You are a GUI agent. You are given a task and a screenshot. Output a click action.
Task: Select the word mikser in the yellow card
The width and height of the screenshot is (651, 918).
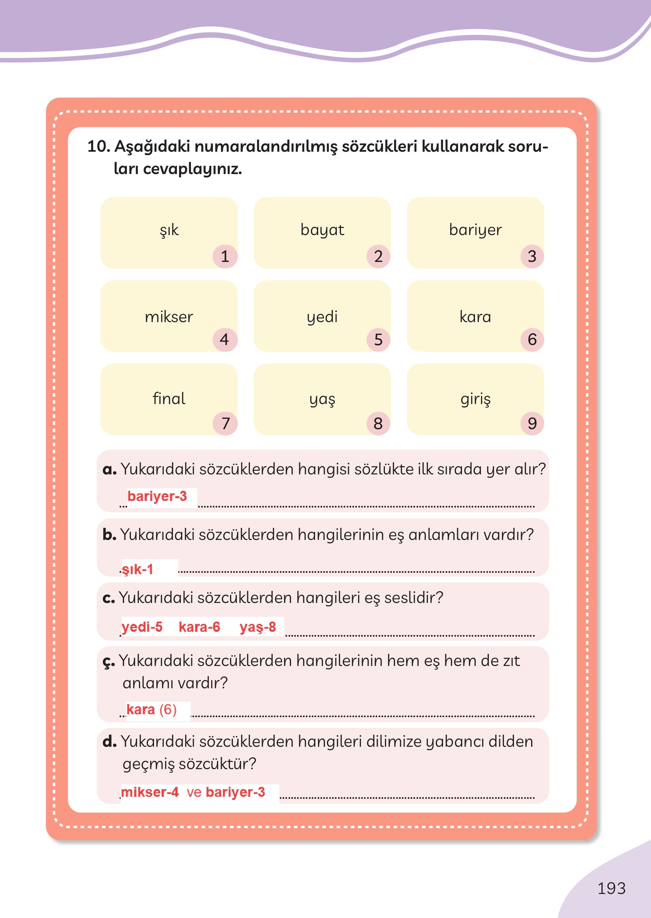(169, 317)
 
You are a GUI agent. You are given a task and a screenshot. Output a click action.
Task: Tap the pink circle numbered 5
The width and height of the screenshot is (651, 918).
(378, 340)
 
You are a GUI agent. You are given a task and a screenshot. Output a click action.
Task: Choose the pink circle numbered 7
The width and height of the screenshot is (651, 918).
(225, 423)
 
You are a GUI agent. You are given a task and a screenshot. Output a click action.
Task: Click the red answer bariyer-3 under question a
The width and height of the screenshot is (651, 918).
(157, 496)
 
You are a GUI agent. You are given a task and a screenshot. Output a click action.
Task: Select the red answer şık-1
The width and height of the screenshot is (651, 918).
(138, 569)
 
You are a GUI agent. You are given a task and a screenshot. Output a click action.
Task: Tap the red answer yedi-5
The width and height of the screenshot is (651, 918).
(142, 627)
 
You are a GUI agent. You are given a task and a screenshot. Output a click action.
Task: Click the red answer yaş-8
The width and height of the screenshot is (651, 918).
(258, 627)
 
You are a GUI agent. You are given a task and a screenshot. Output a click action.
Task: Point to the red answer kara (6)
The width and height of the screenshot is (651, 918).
(151, 709)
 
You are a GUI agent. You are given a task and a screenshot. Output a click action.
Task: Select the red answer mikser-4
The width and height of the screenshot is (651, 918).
(149, 792)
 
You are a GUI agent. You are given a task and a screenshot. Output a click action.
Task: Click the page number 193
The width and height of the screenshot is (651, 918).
(611, 888)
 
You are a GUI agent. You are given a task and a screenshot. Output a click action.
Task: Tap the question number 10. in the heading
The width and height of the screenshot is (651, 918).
(98, 147)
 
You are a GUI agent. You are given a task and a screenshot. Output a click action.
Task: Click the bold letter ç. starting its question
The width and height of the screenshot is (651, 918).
(108, 661)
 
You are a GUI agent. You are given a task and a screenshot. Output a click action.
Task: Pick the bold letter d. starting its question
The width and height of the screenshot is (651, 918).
(109, 742)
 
